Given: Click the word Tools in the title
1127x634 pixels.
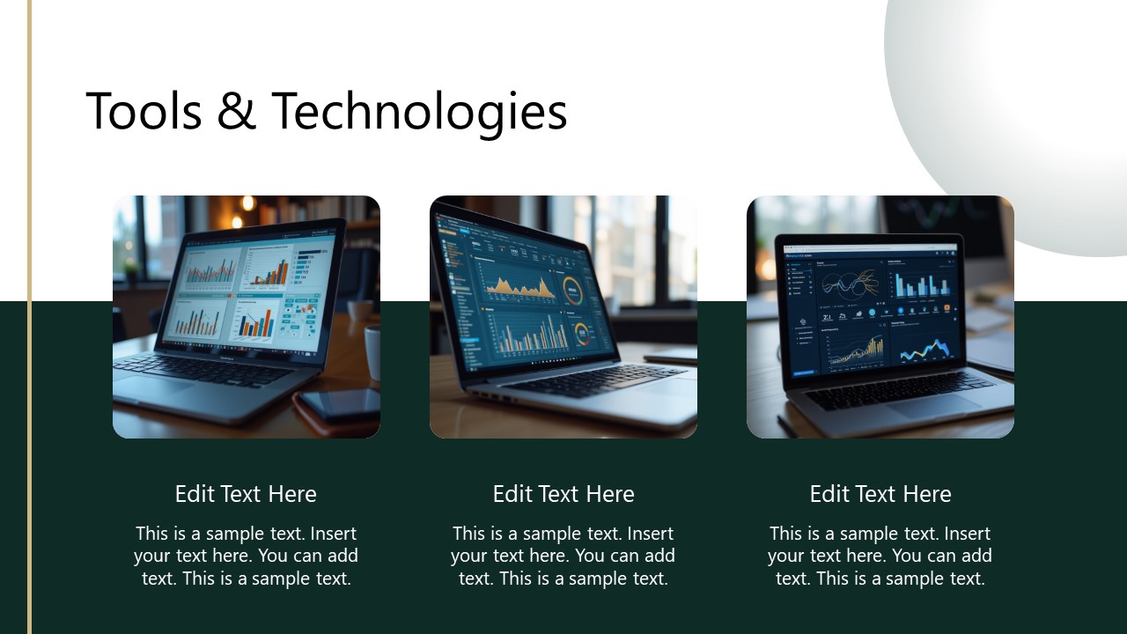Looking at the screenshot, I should (x=144, y=112).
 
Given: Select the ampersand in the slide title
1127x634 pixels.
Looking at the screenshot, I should (x=235, y=113).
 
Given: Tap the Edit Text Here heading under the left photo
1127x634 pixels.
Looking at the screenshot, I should (x=246, y=494).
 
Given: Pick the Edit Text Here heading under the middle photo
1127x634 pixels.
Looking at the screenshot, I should (x=563, y=494).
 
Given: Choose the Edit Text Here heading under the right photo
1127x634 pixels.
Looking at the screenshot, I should (x=880, y=494).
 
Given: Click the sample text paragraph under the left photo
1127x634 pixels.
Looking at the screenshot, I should (x=246, y=556).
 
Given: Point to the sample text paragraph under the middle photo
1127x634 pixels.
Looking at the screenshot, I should (x=563, y=556).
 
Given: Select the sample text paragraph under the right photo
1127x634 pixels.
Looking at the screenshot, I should (x=880, y=556).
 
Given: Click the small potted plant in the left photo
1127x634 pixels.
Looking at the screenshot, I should (x=130, y=269).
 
